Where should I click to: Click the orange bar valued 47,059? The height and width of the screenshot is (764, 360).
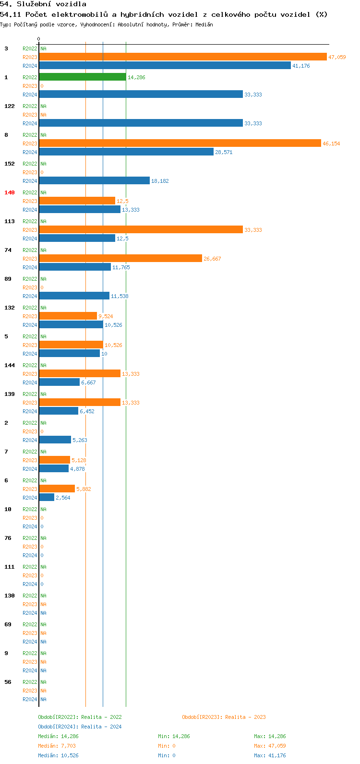tap(182, 57)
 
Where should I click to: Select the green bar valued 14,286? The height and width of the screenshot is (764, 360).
tap(83, 77)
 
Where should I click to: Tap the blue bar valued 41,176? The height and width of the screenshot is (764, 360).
tap(165, 66)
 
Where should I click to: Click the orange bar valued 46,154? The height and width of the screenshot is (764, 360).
tap(180, 143)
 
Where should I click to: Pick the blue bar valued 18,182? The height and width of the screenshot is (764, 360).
tap(94, 181)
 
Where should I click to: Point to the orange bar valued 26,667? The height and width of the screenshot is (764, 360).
tap(120, 259)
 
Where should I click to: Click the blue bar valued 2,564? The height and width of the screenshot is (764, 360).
tap(47, 498)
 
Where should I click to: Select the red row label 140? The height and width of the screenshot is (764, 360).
tap(10, 192)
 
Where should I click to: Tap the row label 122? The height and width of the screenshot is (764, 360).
tap(10, 106)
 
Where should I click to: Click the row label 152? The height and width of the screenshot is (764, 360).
tap(10, 164)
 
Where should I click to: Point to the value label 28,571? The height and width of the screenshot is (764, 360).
tap(224, 152)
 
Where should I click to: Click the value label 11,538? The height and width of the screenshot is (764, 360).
tap(120, 296)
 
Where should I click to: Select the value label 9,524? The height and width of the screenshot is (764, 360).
tap(106, 316)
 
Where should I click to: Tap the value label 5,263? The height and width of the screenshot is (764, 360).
tap(80, 440)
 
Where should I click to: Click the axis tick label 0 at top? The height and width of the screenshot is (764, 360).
tap(39, 39)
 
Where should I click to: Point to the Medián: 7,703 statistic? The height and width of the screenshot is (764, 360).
tap(57, 746)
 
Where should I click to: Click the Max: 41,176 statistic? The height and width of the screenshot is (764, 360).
tap(270, 755)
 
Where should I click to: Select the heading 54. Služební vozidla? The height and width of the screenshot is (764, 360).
tap(43, 4)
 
